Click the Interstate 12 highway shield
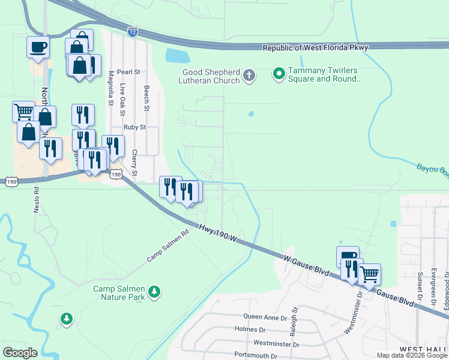pos(133,30)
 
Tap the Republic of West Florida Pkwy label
pos(316,47)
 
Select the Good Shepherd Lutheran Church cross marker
pos(249,76)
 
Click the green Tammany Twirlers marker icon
pos(279,74)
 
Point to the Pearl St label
pos(128,71)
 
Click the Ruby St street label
pos(134,127)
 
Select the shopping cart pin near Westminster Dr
pos(369,274)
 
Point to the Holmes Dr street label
pos(250,329)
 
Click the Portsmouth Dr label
pos(252,356)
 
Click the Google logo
pos(19,353)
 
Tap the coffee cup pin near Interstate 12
pos(38,46)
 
